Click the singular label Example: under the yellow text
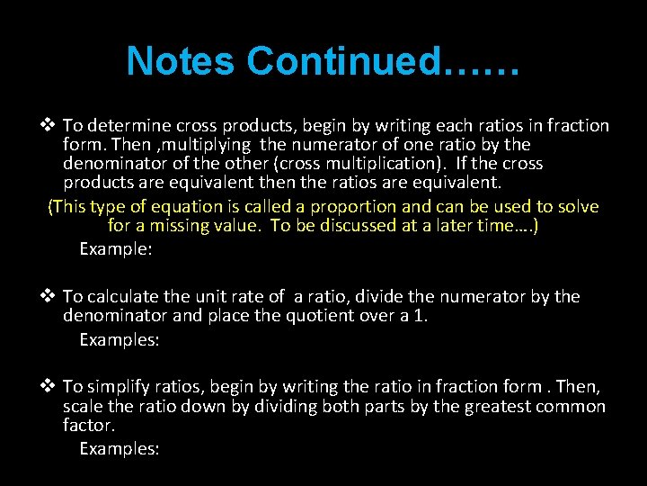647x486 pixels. [116, 249]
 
